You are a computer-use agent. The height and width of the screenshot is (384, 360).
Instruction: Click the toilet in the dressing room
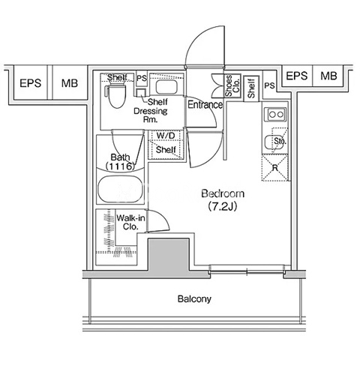pos(115,96)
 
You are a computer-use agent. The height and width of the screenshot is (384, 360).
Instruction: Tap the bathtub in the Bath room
pos(121,190)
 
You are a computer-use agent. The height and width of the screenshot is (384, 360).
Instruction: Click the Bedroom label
pos(223,193)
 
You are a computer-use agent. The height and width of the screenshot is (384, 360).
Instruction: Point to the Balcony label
pos(194,298)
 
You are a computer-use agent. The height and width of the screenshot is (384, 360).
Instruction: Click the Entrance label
pos(205,104)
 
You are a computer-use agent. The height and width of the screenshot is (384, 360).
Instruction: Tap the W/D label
pos(166,136)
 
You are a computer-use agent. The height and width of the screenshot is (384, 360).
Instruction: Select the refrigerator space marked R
pos(275,168)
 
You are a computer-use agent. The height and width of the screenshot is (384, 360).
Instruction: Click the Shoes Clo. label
pos(232,85)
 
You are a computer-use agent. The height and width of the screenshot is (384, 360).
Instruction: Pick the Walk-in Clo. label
pos(130,222)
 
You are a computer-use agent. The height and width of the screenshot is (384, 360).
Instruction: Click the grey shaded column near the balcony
pos(169,256)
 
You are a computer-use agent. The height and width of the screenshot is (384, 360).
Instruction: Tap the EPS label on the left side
pos(31,83)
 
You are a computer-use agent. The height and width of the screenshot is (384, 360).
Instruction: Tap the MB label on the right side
pos(328,76)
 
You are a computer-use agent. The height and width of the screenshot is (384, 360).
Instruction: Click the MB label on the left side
pos(70,83)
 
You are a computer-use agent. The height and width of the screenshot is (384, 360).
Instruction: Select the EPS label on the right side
pos(297,76)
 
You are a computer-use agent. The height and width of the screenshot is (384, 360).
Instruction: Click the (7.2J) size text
pos(223,206)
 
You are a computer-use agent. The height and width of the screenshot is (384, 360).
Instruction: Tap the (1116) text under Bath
pos(120,166)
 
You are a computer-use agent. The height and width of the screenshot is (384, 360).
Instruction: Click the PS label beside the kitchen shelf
pos(270,85)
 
